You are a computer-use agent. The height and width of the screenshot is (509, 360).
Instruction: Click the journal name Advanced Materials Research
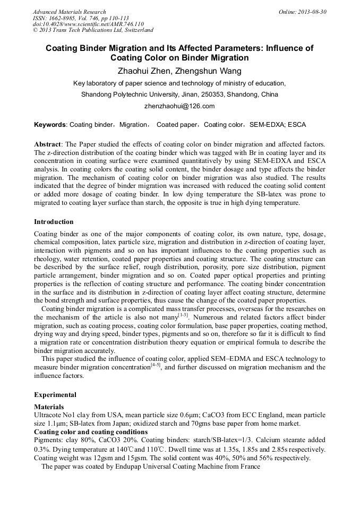tap(69, 12)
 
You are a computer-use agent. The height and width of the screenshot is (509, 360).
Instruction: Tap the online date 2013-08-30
tap(312, 12)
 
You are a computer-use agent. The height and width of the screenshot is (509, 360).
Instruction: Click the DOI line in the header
tap(88, 24)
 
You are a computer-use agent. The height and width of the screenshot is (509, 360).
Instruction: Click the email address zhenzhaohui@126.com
tap(179, 106)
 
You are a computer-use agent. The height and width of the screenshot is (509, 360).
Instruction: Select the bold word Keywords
tap(50, 125)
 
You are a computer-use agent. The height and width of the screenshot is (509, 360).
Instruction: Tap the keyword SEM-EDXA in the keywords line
tap(264, 125)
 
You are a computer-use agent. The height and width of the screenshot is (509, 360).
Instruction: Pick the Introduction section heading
tap(54, 221)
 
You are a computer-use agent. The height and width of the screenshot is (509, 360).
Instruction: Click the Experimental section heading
tap(55, 395)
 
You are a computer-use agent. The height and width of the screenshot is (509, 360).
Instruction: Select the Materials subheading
tap(49, 407)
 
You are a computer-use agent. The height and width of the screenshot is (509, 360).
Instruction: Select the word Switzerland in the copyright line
tap(138, 30)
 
